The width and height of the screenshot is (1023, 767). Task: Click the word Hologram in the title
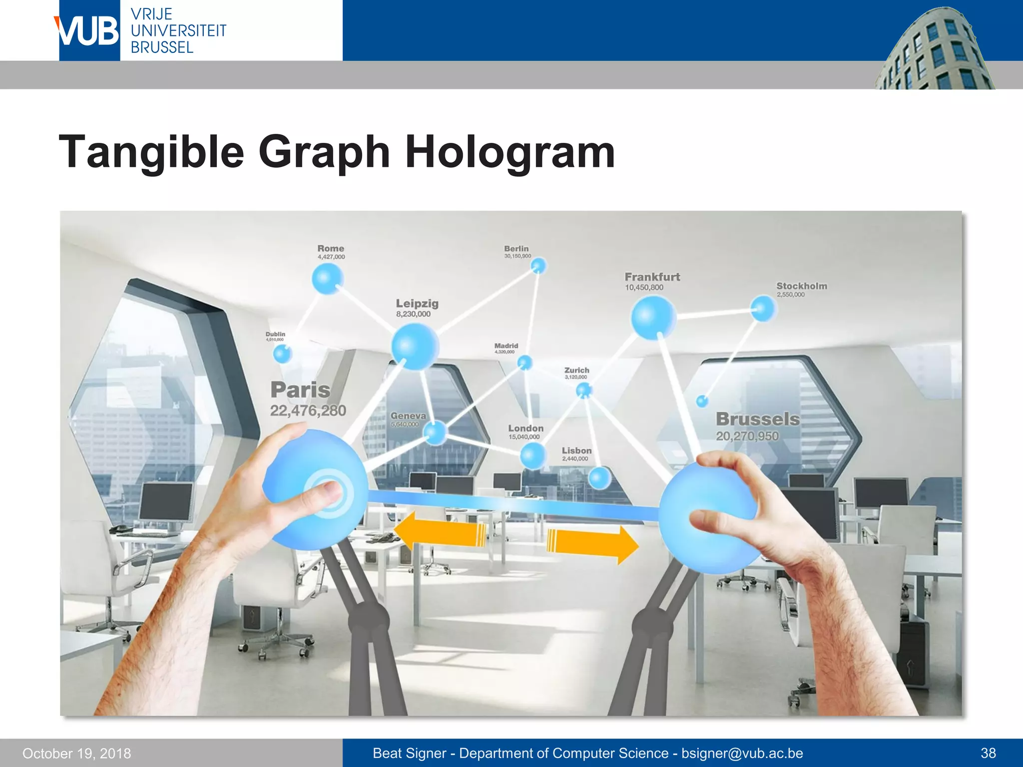pyautogui.click(x=510, y=152)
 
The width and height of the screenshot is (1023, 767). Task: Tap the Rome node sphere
pyautogui.click(x=328, y=279)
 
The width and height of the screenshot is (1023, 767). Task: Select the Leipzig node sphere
pyautogui.click(x=415, y=346)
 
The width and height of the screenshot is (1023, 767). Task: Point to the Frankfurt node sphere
pyautogui.click(x=653, y=318)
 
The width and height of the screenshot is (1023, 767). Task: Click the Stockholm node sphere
pyautogui.click(x=763, y=308)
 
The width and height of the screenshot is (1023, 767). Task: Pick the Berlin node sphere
pyautogui.click(x=538, y=266)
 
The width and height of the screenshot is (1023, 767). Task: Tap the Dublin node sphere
pyautogui.click(x=282, y=354)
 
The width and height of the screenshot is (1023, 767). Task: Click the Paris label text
pyautogui.click(x=300, y=390)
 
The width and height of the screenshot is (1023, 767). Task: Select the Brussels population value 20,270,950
pyautogui.click(x=747, y=436)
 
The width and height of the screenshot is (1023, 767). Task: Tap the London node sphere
pyautogui.click(x=533, y=455)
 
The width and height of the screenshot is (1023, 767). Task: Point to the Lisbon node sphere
pyautogui.click(x=599, y=478)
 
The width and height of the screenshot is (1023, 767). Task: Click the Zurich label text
pyautogui.click(x=576, y=370)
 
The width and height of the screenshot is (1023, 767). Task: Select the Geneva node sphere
pyautogui.click(x=436, y=432)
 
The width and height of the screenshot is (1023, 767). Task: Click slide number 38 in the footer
pyautogui.click(x=988, y=753)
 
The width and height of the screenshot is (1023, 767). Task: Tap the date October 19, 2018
pyautogui.click(x=76, y=753)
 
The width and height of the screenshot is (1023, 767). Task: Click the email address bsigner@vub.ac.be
pyautogui.click(x=742, y=753)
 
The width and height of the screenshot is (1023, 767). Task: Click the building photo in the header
pyautogui.click(x=934, y=50)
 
